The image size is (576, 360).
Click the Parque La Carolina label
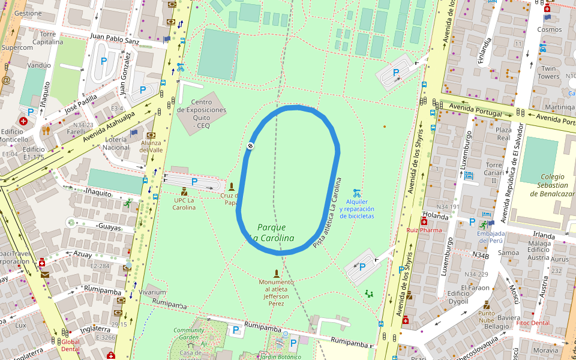[x=272, y=233]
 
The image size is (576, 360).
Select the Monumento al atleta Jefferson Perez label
[x=277, y=292]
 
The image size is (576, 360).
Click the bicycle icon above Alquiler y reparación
[x=357, y=193]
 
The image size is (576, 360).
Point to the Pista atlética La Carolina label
[x=328, y=213]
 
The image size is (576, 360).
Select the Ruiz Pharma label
[x=424, y=230]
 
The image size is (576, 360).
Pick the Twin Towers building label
[x=548, y=73]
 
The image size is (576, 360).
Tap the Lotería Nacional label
[x=116, y=143]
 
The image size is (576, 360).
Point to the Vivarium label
[x=152, y=292]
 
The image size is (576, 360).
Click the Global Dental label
[x=70, y=346]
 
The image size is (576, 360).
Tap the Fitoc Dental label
[x=533, y=323]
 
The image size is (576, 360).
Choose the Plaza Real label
[x=503, y=133]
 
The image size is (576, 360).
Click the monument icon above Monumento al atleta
[x=277, y=274]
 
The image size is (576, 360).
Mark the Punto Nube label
[x=487, y=316]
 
